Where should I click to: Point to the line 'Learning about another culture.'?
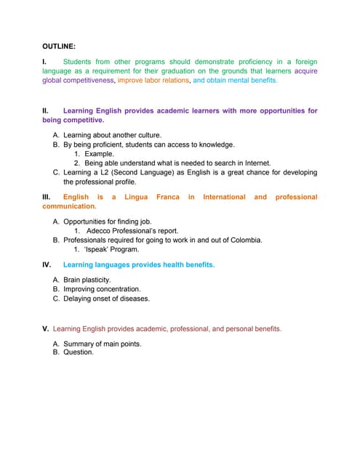pos(112,135)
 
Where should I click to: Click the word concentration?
pos(115,289)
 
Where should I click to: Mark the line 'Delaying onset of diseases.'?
pos(106,299)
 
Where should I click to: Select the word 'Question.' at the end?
pos(79,352)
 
